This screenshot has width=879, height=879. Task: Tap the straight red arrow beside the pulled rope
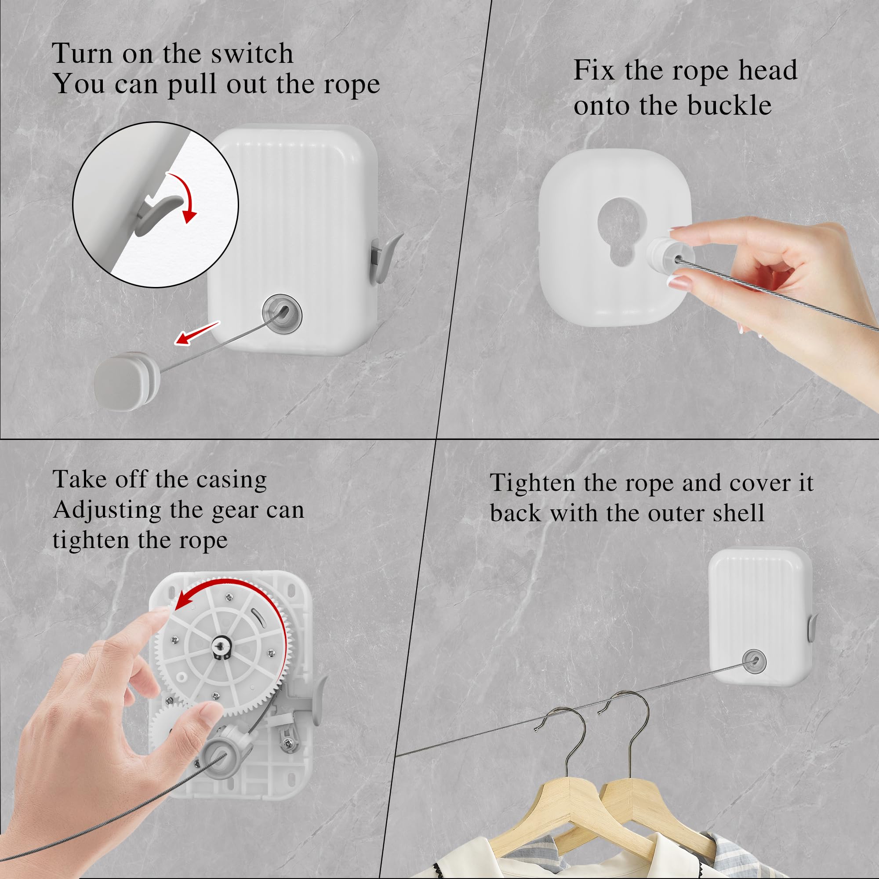197,333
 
